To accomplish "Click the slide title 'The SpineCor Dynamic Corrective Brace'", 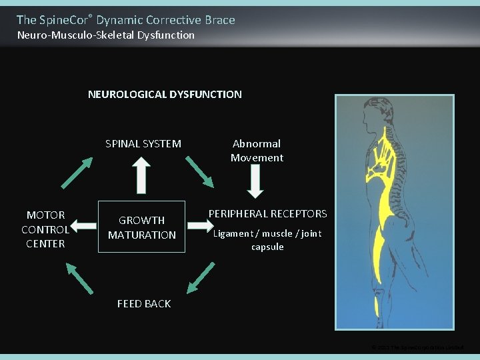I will coord(125,20).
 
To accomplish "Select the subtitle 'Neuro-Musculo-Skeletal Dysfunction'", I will coord(106,35).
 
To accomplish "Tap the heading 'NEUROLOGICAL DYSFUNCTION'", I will coord(165,95).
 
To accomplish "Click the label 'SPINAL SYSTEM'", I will coord(143,143).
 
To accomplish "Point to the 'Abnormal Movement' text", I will coord(257,151).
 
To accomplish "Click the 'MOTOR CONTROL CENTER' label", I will coord(45,229).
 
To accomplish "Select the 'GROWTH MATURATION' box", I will coord(141,227).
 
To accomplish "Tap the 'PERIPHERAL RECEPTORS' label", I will coord(267,214).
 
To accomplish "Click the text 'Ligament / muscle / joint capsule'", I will coord(267,240).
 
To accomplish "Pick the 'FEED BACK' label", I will coord(144,304).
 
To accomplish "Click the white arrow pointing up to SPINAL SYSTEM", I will coord(141,174).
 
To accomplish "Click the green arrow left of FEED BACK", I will coord(79,276).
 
